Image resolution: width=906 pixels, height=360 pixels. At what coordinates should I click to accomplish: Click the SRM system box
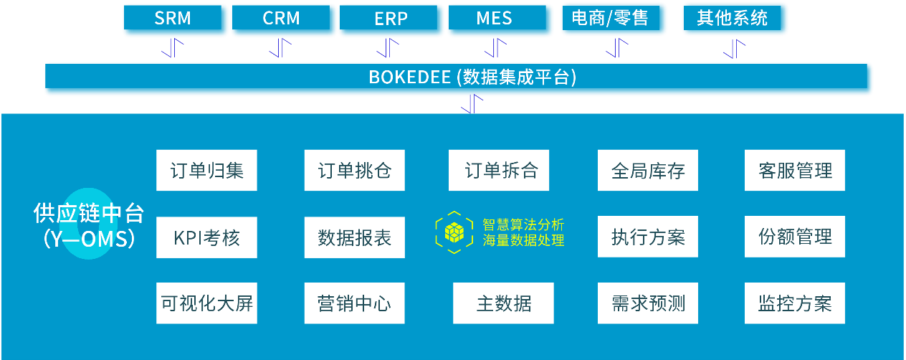pos(173,19)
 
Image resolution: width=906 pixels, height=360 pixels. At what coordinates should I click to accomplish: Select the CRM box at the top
pos(281,19)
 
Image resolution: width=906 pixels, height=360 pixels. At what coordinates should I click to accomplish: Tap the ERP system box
pos(391,19)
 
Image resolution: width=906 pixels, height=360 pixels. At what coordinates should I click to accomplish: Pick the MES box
pos(495,19)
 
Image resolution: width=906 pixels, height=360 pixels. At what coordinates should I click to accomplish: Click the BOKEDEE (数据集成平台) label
pos(472,77)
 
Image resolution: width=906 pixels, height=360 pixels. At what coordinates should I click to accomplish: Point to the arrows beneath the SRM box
pos(172,49)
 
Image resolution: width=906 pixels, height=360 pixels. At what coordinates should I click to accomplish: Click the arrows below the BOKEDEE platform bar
pos(471,105)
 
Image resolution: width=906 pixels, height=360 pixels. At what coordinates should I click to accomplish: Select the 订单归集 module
pos(206,171)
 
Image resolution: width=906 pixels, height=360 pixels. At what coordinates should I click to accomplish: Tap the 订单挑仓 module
pos(355,171)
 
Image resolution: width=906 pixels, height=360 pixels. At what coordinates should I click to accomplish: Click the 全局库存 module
pos(648,171)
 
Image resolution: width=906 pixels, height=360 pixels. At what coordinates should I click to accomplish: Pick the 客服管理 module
pos(795,171)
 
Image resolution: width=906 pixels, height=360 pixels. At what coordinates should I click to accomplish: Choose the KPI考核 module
pos(206,237)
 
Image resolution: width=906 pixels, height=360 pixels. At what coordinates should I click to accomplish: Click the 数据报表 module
pos(355,237)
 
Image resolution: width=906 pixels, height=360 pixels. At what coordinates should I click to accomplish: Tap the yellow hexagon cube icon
pos(454,232)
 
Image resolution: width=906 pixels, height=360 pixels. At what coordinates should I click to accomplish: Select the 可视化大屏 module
pos(206,303)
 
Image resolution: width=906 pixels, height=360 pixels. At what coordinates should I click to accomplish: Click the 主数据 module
pos(504,303)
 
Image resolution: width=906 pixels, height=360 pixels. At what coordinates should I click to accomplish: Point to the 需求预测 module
pos(648,303)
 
